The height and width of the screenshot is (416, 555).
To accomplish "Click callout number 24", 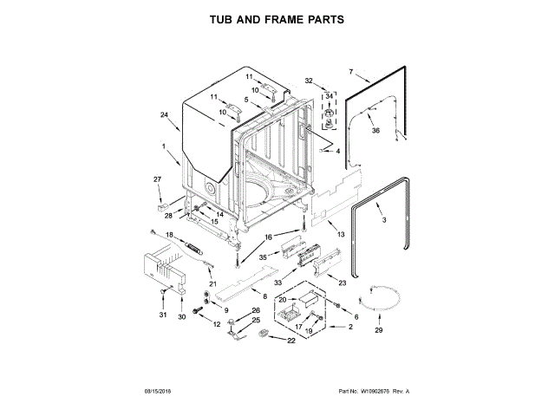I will click(164, 115).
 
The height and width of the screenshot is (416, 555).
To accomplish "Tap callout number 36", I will click(375, 131).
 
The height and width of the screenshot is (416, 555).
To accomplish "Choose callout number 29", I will click(377, 330).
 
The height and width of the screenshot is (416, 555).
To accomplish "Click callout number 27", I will click(158, 179).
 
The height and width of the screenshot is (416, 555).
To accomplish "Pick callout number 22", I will click(291, 340).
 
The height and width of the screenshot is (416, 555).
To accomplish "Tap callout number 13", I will click(341, 235).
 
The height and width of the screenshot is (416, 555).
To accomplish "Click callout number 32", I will click(309, 81).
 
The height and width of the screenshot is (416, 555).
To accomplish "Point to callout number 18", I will click(170, 236).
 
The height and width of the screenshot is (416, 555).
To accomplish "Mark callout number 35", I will click(263, 257).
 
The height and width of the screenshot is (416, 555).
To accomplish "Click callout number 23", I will click(342, 283).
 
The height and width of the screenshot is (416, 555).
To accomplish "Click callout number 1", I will click(164, 146).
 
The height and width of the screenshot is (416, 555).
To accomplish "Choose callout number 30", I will click(182, 317).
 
